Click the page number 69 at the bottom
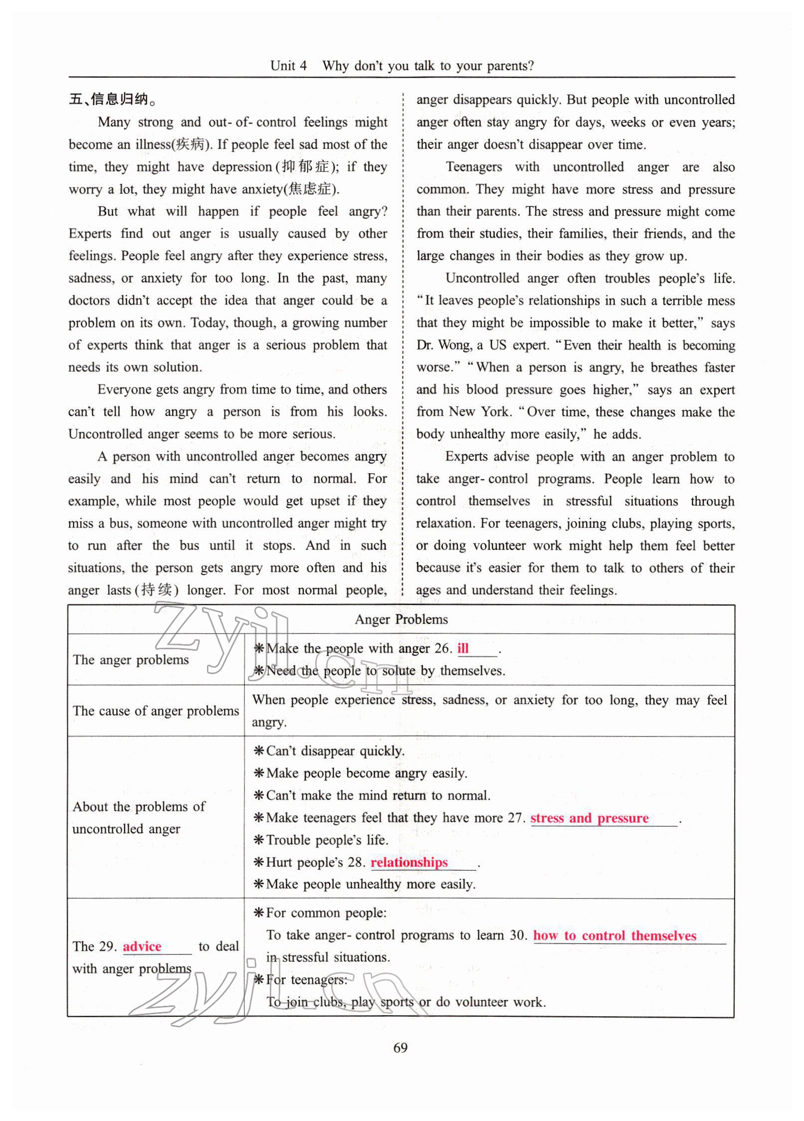(401, 1048)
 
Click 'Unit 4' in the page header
(288, 66)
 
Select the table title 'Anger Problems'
(401, 619)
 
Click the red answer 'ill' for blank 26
(463, 648)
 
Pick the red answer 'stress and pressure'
(589, 818)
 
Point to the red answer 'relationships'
(409, 863)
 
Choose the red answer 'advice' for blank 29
(142, 946)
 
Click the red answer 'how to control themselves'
(614, 935)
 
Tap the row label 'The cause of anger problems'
(156, 711)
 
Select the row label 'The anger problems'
(131, 660)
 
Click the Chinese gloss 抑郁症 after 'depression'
(305, 167)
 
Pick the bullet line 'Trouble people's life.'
(326, 840)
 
